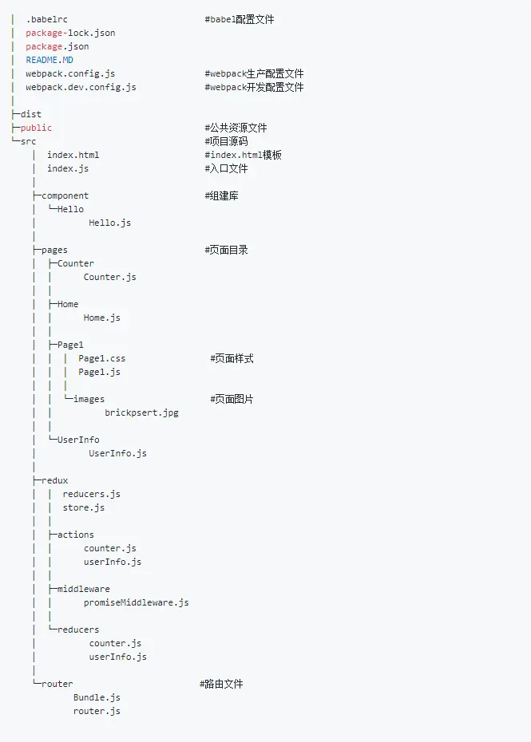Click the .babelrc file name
coord(47,19)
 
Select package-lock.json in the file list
coord(70,34)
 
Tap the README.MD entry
coord(50,60)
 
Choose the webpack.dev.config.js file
coord(81,87)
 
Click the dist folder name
coord(31,114)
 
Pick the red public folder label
coord(36,128)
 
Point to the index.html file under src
coord(73,155)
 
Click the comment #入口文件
coord(227,168)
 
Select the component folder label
coord(65,196)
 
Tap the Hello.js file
coord(110,223)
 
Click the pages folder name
coord(54,251)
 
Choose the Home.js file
coord(102,318)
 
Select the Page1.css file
coord(102,358)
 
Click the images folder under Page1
coord(89,399)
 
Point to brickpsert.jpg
coord(141,412)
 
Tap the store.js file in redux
coord(84,507)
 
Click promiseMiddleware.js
coord(137,602)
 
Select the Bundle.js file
coord(97,697)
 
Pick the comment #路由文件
coord(221,684)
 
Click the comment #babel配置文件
coord(240,19)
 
